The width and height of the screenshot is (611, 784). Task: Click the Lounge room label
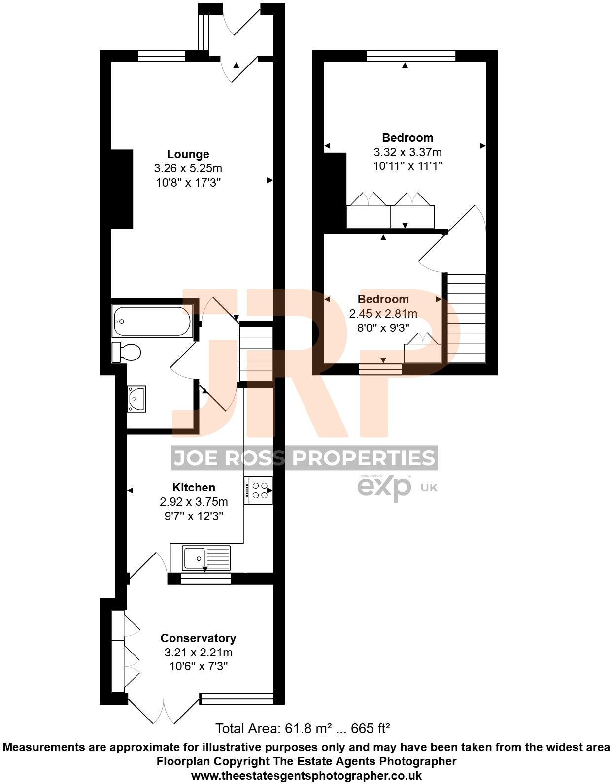coord(188,154)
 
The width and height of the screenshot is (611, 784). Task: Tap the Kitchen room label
coord(194,488)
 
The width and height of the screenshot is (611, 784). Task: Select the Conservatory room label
coord(198,638)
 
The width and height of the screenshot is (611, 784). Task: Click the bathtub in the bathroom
coord(152,321)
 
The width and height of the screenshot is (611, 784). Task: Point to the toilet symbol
coord(127,352)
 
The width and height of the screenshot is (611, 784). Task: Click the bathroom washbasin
coord(136,398)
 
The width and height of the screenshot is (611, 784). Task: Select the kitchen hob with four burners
coord(258,490)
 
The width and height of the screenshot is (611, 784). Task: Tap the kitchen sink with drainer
coord(205,558)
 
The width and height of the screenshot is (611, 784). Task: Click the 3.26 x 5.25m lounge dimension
coord(188,168)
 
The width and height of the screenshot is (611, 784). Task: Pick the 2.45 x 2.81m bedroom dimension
coord(383,313)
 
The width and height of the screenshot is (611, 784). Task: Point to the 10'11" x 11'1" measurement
coord(407,166)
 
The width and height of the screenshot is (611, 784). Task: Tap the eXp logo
coord(384,487)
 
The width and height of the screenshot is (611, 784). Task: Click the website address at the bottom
coord(306,775)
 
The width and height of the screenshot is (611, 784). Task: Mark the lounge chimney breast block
coord(122,189)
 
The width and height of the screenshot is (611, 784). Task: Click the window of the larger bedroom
coord(411,56)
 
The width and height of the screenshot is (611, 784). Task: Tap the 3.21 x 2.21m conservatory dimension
coord(198,653)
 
